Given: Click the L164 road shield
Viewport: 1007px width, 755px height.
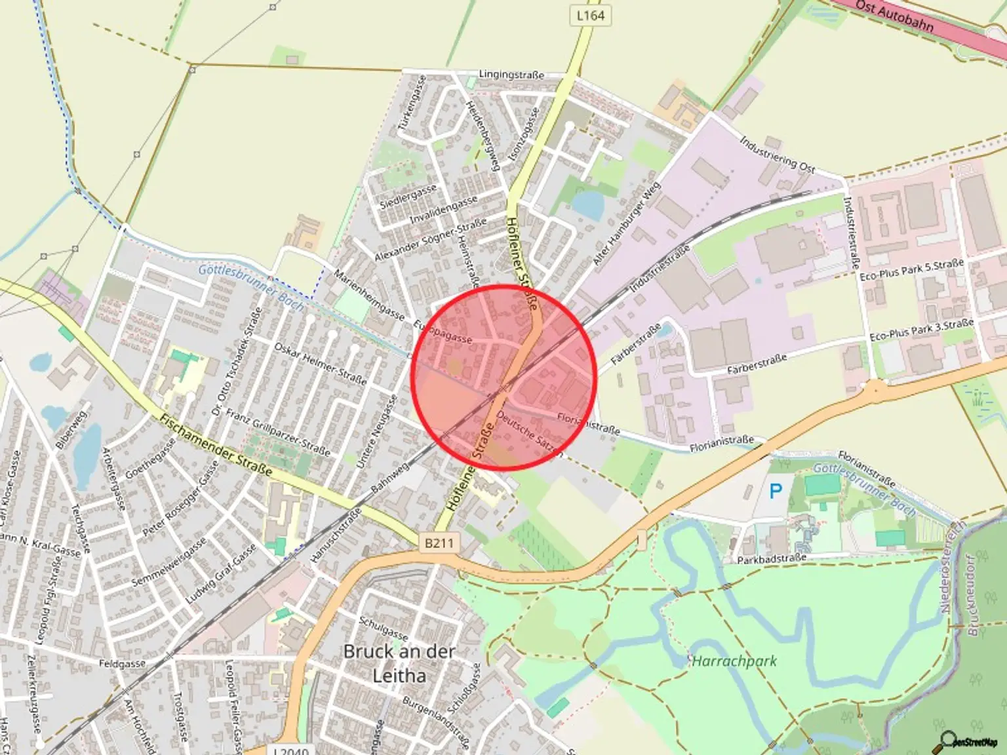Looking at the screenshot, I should (590, 15).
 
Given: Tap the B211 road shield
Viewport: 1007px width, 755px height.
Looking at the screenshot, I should (439, 543).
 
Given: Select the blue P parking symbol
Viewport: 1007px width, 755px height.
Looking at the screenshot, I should (776, 491).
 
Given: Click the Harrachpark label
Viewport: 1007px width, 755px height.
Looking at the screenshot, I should (734, 661).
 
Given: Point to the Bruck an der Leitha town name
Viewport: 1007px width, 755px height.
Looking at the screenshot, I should (399, 663).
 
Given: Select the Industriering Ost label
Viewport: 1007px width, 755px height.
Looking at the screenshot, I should (778, 155).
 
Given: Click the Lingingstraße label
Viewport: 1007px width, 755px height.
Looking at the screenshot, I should (511, 75).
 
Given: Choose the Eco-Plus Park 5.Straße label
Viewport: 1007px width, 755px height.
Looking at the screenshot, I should (912, 269).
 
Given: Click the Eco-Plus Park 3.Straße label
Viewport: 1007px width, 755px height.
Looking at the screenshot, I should (921, 330).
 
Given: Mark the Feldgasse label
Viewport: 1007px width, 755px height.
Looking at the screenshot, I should (122, 664).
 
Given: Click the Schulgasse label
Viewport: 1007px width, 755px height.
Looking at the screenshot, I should (384, 629).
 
